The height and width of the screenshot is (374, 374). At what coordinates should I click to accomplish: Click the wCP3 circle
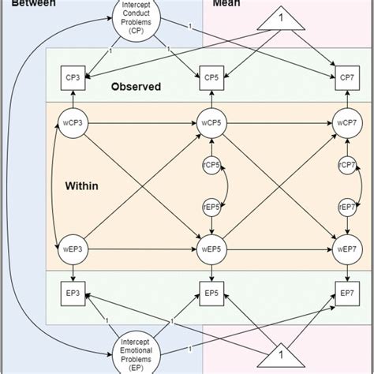tap(73, 124)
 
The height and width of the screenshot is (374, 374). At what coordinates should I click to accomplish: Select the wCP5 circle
tap(211, 124)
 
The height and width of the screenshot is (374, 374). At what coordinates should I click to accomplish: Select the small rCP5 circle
tap(211, 165)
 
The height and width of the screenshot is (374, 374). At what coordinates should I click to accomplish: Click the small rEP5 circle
tap(211, 206)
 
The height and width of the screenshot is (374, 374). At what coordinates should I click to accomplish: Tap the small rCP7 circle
tap(345, 165)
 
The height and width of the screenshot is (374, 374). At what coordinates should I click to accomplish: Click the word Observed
tap(137, 86)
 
